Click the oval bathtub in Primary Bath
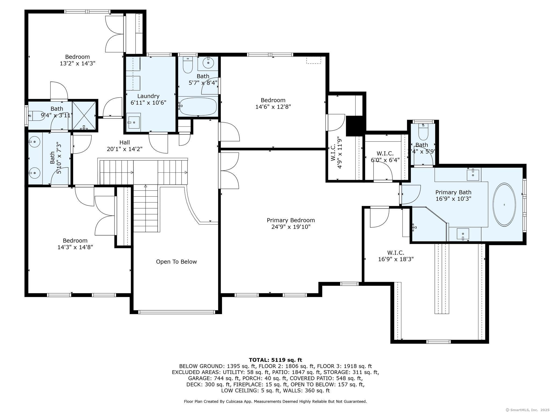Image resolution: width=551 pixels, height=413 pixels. (x=504, y=205)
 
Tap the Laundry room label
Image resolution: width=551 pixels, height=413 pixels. (x=148, y=96)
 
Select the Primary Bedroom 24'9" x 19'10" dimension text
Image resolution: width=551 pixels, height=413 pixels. (x=291, y=227)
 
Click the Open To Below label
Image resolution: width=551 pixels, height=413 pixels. (x=176, y=262)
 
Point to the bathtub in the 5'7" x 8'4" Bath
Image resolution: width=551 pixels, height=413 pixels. (x=198, y=106)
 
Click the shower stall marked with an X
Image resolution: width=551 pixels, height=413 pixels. (x=84, y=115)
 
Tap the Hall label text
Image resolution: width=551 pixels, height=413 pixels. (x=125, y=143)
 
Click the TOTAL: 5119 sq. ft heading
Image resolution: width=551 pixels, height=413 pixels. (x=275, y=360)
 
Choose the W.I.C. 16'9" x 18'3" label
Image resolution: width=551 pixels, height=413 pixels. (x=395, y=256)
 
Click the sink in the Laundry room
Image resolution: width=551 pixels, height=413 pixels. (x=133, y=122)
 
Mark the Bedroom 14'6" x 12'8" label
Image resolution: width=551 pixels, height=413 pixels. (x=273, y=104)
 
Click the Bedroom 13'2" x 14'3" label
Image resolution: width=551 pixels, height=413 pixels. (x=77, y=60)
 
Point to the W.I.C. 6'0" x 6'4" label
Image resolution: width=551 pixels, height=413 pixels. (x=385, y=156)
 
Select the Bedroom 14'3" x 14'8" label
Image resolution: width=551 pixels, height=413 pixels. (x=75, y=244)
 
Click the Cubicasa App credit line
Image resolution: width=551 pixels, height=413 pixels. (x=275, y=401)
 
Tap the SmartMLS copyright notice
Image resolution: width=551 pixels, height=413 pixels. (x=527, y=410)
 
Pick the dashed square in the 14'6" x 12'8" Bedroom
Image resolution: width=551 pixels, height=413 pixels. (x=314, y=60)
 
